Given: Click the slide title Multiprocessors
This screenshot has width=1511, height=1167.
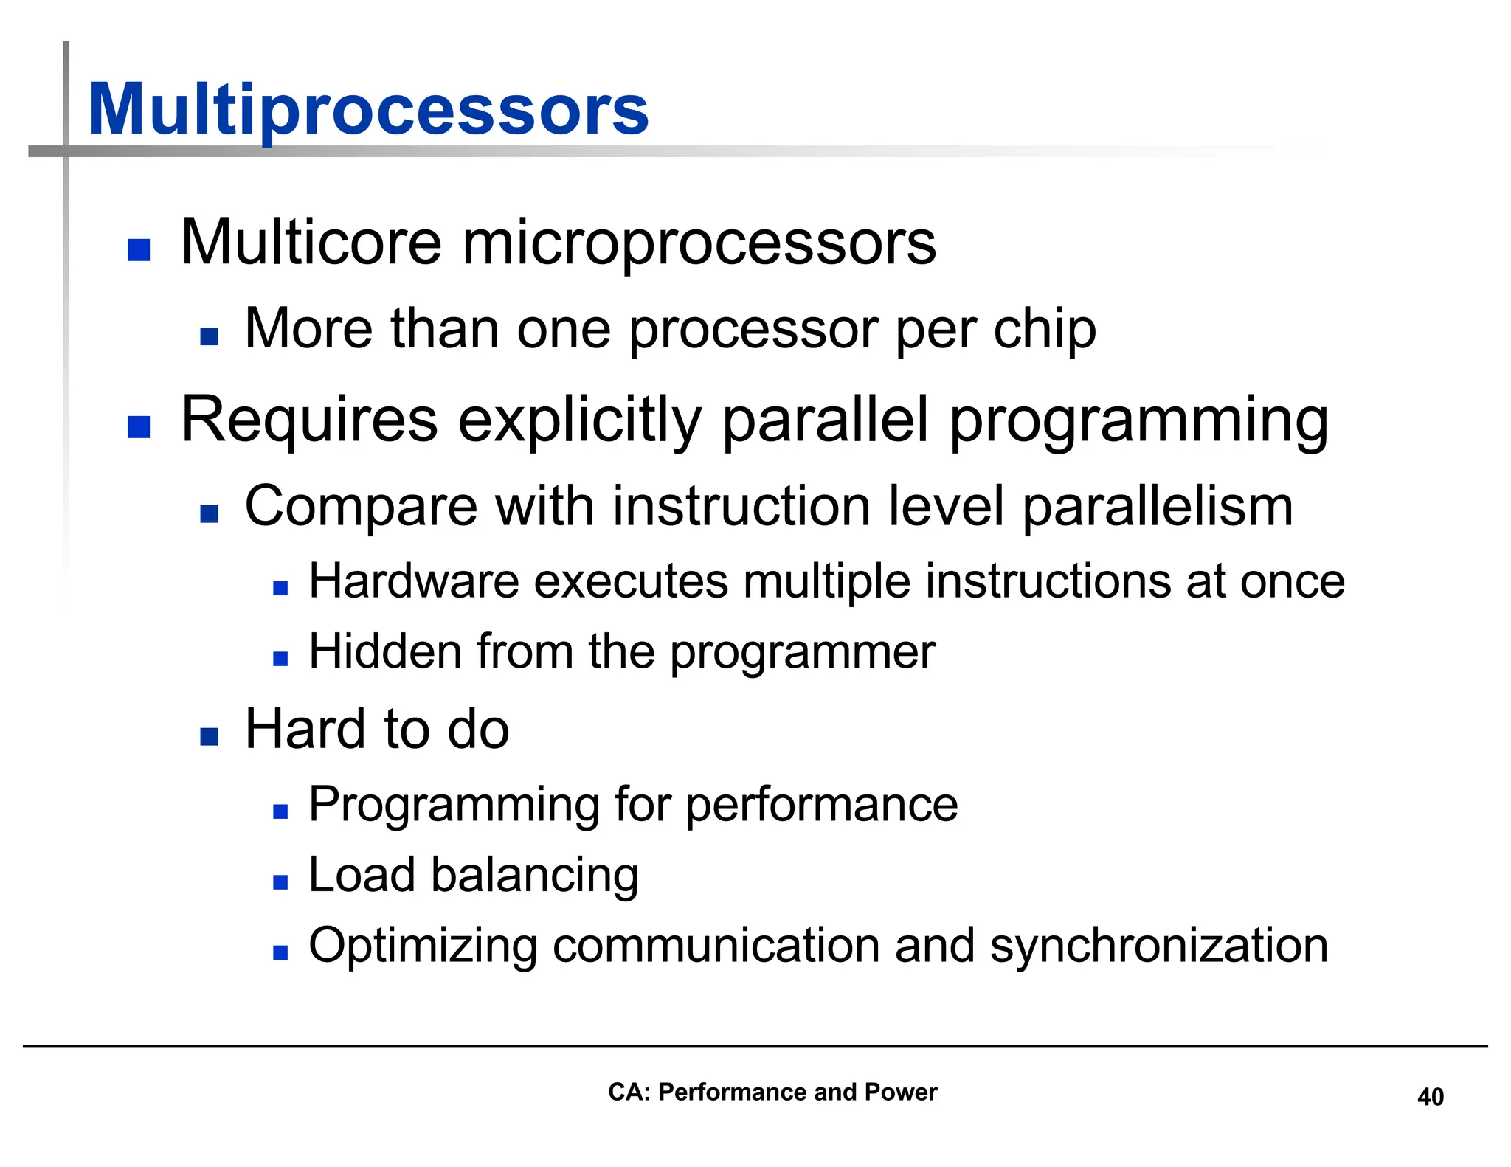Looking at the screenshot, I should point(367,111).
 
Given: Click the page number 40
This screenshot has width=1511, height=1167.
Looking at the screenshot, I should point(1430,1097).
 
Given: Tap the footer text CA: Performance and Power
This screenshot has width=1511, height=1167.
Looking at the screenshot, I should point(772,1092).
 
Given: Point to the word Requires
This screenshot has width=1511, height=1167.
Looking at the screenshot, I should point(309,420).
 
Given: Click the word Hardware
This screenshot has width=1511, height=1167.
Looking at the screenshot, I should point(413,581).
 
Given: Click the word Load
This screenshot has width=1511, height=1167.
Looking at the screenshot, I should point(361,875).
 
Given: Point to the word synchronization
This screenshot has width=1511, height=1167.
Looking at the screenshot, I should point(1158,946).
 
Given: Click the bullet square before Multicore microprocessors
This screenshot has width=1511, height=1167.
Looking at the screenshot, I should point(139,250).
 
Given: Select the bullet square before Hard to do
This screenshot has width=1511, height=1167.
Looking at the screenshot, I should point(210,736).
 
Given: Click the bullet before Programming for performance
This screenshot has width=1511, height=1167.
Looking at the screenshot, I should point(280,811).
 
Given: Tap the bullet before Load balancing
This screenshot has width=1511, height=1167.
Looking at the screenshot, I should point(280,882).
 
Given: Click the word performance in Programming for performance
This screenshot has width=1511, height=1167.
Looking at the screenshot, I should point(821,806).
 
